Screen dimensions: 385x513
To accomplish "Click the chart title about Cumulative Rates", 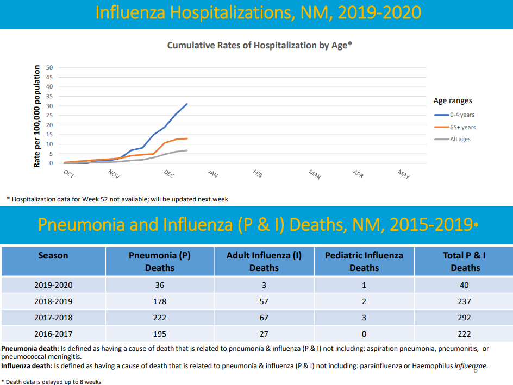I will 259,46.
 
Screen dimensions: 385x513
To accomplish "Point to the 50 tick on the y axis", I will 49,68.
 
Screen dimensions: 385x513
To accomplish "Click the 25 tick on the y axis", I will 49,116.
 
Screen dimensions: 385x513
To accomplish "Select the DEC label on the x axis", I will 169,174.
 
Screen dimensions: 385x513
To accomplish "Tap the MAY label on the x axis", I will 404,174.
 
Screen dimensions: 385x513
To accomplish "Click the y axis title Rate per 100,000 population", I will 37,116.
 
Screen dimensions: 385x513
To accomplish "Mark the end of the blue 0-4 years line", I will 187,104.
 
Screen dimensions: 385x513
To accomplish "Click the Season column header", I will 53,255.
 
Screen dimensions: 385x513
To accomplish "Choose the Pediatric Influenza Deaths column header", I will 364,261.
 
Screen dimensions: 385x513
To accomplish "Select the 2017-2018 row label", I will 53,318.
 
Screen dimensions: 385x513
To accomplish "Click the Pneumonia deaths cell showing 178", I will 160,301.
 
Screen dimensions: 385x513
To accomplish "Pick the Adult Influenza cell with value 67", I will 264,318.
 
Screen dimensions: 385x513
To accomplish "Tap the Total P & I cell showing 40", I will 464,285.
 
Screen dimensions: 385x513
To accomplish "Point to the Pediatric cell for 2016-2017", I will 364,334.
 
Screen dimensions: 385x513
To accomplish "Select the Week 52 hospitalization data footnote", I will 117,199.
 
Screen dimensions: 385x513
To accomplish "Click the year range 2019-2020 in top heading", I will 379,12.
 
